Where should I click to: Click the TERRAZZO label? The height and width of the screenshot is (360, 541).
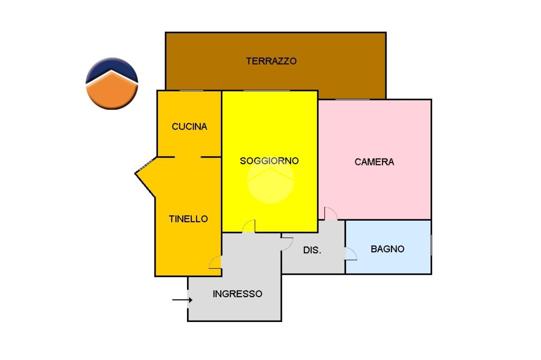click(271, 61)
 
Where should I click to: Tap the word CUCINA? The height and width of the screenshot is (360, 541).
click(189, 127)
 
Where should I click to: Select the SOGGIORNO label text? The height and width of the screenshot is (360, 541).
click(269, 161)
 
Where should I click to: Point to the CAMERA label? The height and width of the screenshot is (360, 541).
click(374, 162)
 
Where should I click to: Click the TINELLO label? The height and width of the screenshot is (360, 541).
click(188, 219)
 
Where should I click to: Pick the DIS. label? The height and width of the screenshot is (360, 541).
click(312, 250)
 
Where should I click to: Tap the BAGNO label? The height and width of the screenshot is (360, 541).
click(387, 249)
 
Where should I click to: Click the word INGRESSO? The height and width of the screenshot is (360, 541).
click(237, 294)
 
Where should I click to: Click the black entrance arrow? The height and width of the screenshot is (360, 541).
click(182, 300)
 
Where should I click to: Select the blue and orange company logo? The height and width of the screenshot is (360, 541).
click(112, 83)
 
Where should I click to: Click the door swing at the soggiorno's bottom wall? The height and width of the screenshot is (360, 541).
click(249, 226)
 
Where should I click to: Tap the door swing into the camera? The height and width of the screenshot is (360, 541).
click(331, 213)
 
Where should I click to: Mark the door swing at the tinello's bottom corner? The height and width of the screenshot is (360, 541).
click(215, 262)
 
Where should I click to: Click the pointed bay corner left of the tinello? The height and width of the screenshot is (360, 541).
click(137, 173)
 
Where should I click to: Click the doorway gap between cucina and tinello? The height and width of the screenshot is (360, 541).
click(188, 157)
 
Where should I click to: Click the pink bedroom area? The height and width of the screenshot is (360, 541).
click(375, 187)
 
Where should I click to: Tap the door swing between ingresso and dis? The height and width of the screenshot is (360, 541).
click(286, 244)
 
